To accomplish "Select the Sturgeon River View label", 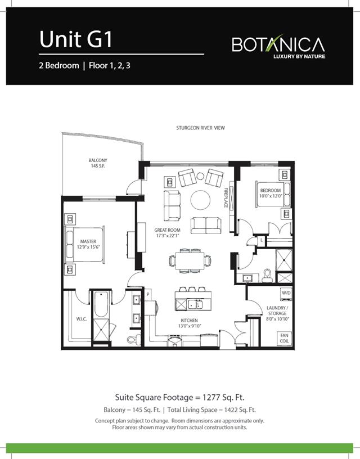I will tap(200, 128).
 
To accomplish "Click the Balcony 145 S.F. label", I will tap(98, 163).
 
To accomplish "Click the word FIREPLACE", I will tap(226, 197).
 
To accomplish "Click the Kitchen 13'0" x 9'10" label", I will tap(189, 322).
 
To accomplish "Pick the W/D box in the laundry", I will tap(286, 293).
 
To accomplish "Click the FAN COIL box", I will tap(285, 339).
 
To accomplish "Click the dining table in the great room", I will tap(190, 260).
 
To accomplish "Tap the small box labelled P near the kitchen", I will tap(148, 294).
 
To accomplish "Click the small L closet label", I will tap(262, 240).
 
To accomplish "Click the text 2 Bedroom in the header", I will tap(59, 65).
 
